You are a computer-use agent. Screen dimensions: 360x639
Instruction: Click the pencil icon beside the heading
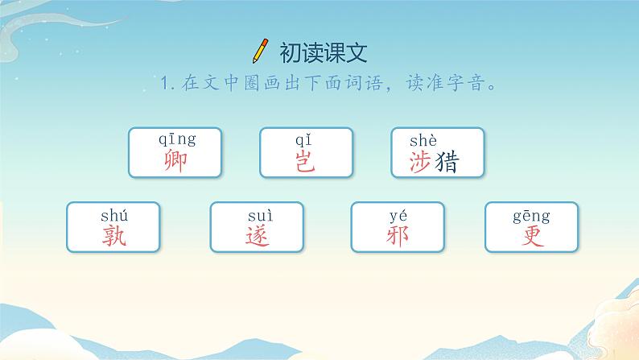pyautogui.click(x=260, y=51)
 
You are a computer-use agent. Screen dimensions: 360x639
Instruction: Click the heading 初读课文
pyautogui.click(x=323, y=52)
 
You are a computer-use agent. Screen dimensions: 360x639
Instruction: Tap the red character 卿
pyautogui.click(x=174, y=161)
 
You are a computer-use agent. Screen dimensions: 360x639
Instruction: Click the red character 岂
pyautogui.click(x=306, y=161)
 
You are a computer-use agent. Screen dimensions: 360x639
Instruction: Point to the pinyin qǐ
pyautogui.click(x=306, y=140)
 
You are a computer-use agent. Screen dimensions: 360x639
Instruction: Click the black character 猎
pyautogui.click(x=447, y=163)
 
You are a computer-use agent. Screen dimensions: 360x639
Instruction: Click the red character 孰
pyautogui.click(x=114, y=234)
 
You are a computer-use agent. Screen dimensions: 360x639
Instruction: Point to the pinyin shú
pyautogui.click(x=114, y=214)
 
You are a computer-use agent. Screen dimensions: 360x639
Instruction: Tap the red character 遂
pyautogui.click(x=257, y=234)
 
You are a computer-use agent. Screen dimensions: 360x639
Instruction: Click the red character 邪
pyautogui.click(x=398, y=234)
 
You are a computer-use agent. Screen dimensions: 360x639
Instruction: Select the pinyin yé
pyautogui.click(x=398, y=214)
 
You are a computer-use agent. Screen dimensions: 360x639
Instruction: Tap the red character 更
pyautogui.click(x=531, y=234)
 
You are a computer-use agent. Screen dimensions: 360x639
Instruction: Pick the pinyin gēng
pyautogui.click(x=531, y=215)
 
